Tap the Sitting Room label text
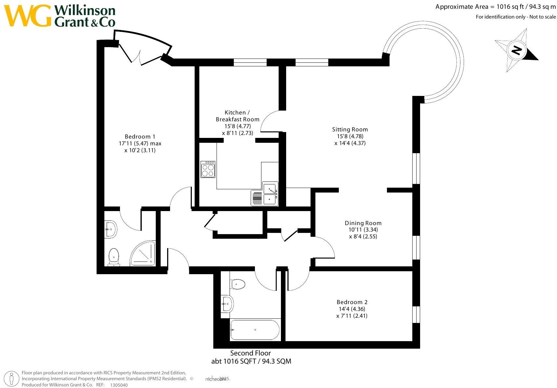click(x=350, y=129)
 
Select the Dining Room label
click(x=363, y=223)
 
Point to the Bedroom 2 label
click(x=352, y=302)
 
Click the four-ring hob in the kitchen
click(x=208, y=169)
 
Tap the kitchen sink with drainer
click(x=264, y=194)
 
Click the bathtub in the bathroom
click(x=255, y=330)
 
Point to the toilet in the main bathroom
click(x=238, y=284)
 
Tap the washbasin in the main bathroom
click(x=227, y=304)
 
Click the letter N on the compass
click(x=516, y=50)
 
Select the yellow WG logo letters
click(x=28, y=16)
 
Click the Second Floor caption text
click(x=250, y=353)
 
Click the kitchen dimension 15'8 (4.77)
click(x=237, y=126)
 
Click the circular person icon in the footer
click(x=12, y=379)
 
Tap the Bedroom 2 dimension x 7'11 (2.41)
click(x=352, y=316)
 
